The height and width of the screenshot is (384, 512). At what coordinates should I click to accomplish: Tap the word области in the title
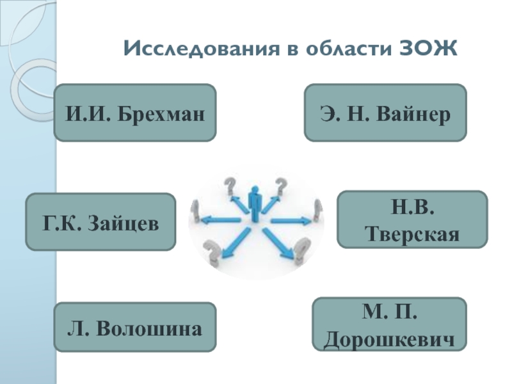click(337, 49)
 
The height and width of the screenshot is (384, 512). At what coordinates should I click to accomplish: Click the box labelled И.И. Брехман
click(135, 113)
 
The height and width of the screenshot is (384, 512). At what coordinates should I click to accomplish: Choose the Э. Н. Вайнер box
click(385, 113)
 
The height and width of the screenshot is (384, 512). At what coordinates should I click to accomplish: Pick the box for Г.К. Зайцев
click(100, 221)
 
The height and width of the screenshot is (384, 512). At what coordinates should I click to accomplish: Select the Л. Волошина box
click(135, 327)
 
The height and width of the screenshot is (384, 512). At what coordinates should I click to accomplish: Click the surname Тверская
click(413, 232)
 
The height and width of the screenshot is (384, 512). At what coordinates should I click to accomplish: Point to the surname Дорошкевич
click(389, 338)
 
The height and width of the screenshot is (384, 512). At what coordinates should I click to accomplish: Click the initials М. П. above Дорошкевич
click(389, 314)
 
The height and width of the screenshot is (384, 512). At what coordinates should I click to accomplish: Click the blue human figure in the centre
click(255, 204)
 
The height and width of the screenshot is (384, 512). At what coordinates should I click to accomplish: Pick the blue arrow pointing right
click(291, 221)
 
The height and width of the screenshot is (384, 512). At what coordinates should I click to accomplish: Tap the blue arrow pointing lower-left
click(232, 243)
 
